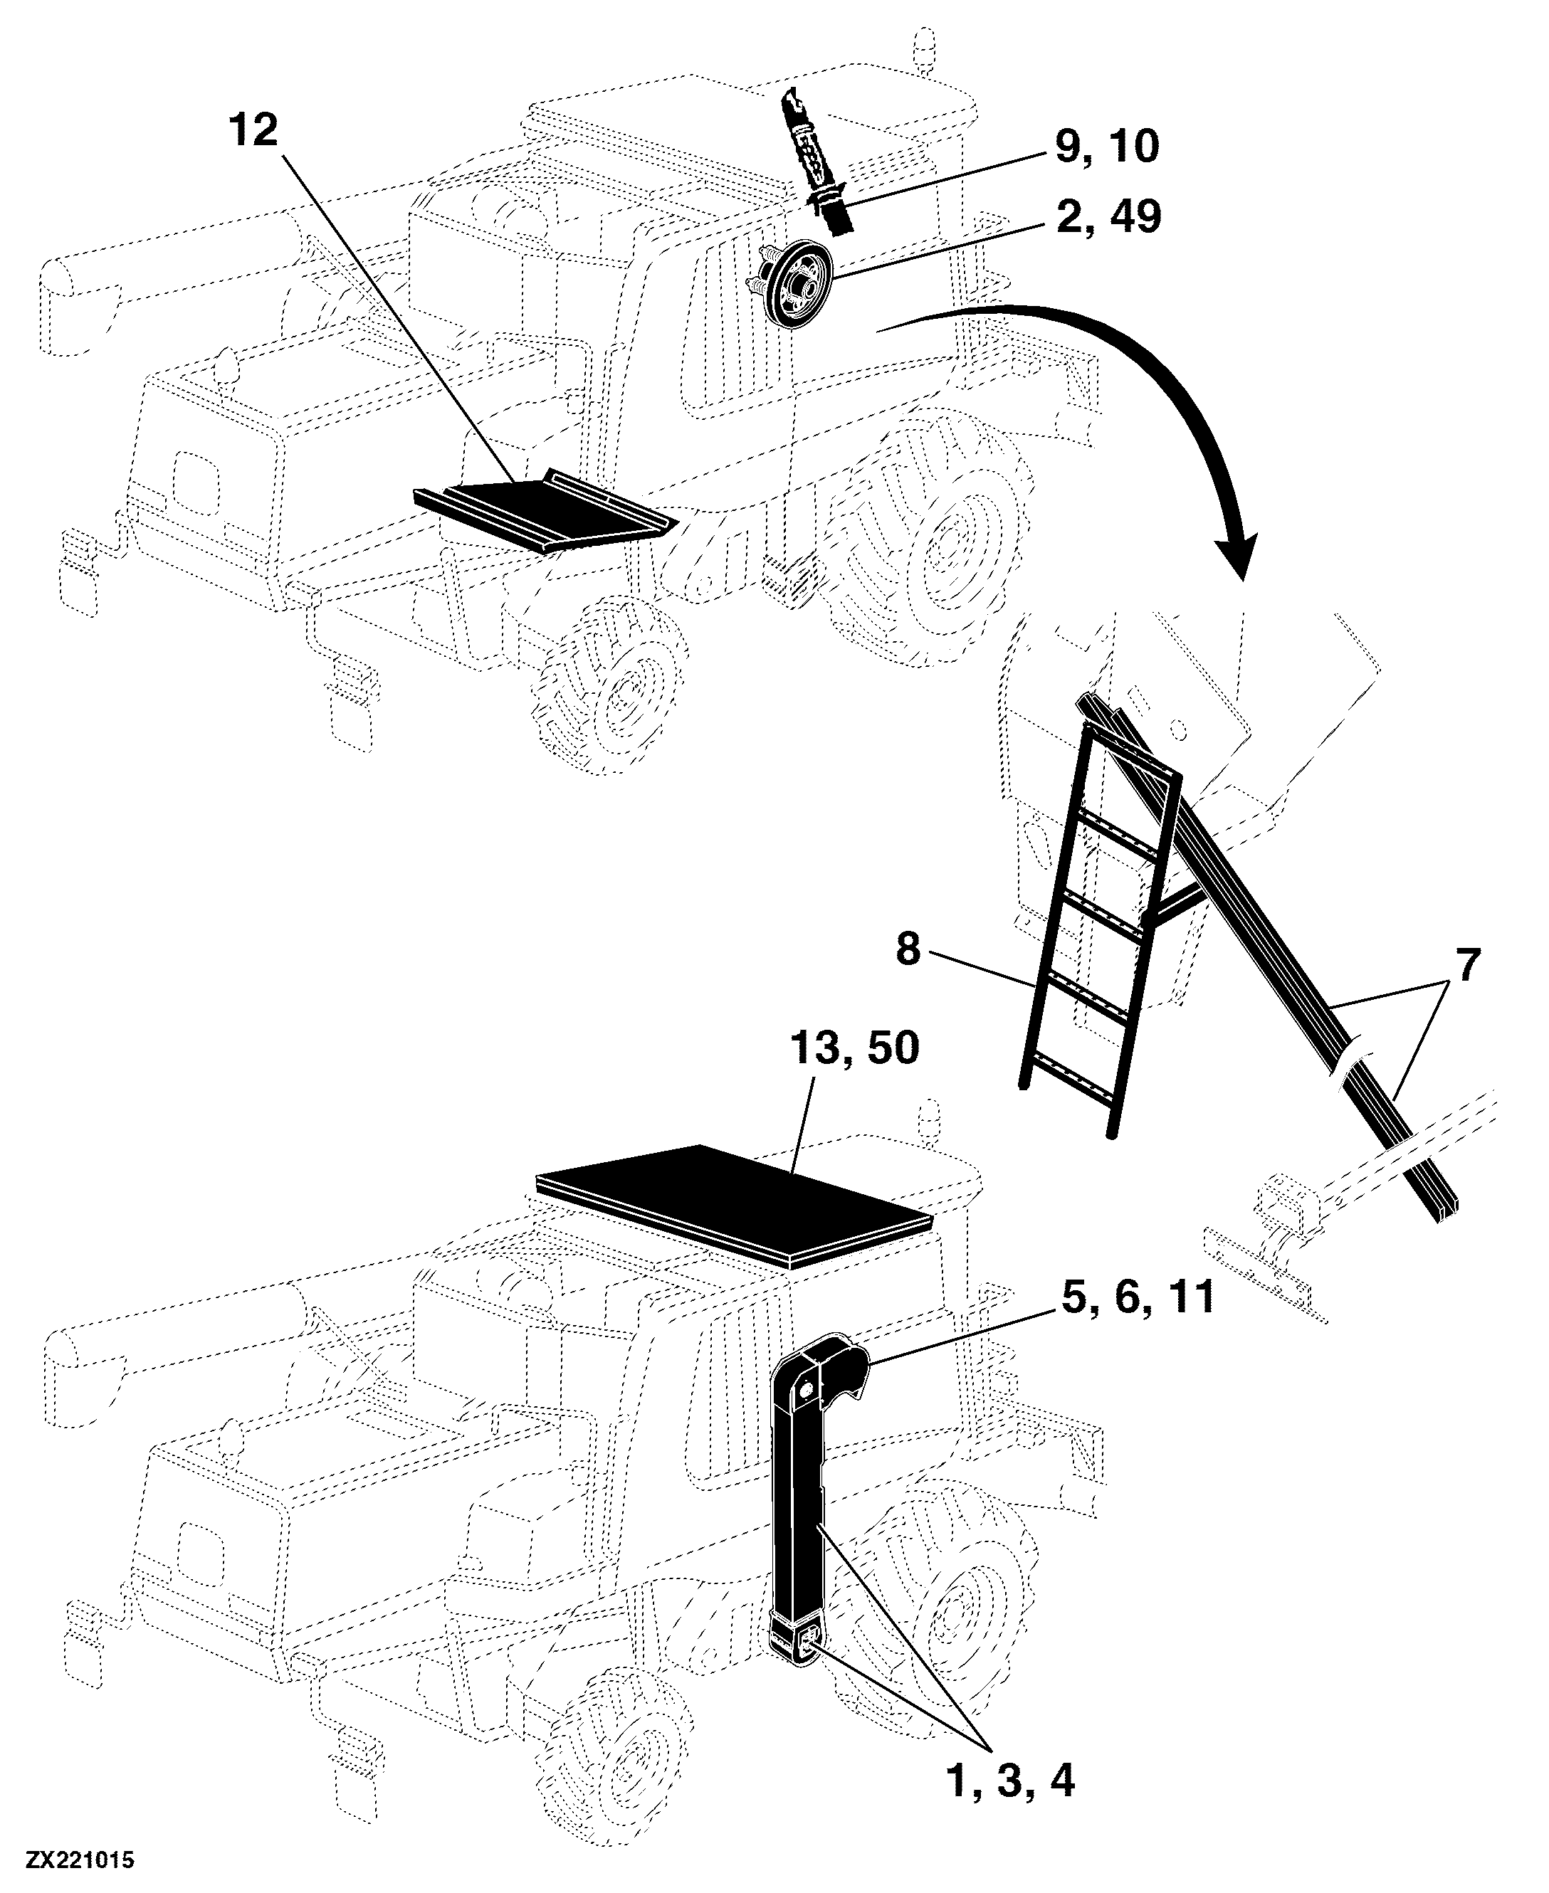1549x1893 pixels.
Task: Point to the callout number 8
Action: [908, 950]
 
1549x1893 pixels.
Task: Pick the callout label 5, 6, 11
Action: [1138, 1295]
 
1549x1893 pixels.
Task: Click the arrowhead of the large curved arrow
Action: [1239, 553]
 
